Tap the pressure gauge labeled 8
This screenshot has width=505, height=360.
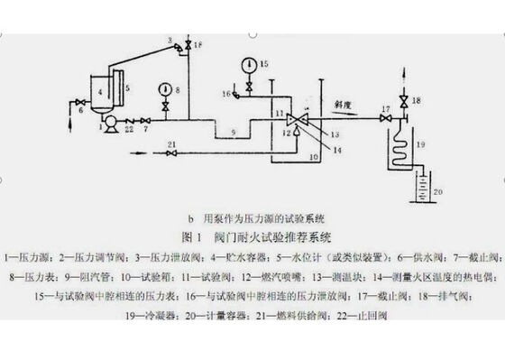click(165, 88)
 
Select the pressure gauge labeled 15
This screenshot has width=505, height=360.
click(246, 64)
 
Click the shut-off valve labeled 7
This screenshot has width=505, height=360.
click(144, 120)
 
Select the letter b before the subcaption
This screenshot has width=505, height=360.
click(190, 219)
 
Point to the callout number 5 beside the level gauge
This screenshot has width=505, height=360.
click(129, 88)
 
